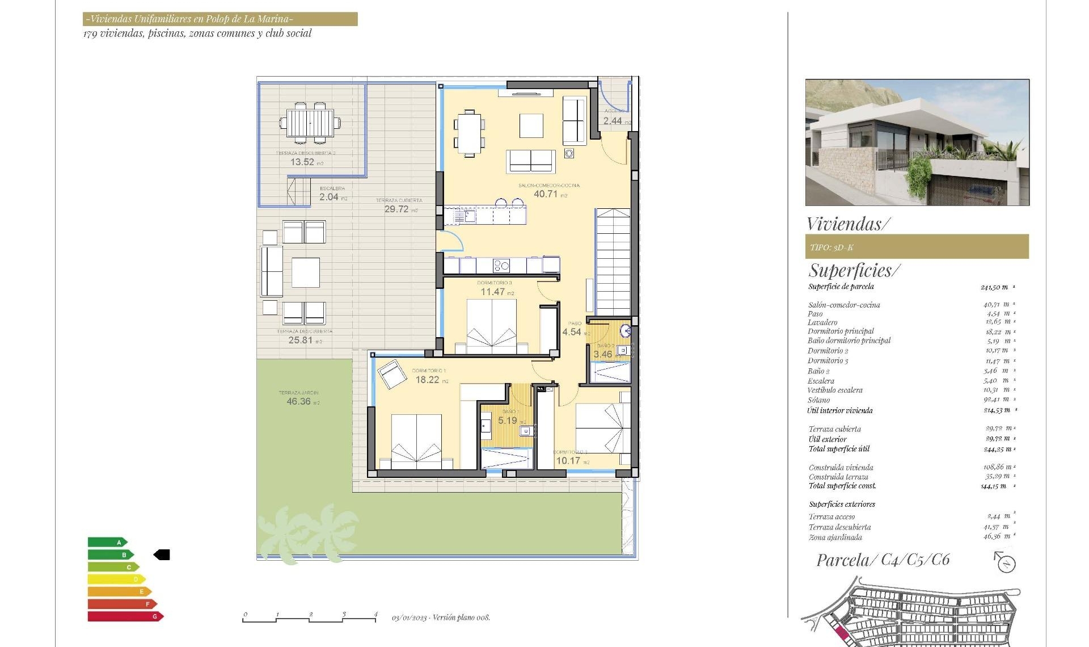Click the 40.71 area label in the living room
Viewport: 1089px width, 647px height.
tap(546, 194)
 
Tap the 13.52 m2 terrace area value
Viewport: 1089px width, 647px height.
tap(302, 162)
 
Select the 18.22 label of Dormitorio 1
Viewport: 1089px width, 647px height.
tap(428, 380)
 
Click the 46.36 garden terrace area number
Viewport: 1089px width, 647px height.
tap(299, 402)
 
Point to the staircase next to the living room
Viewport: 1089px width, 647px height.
tap(613, 261)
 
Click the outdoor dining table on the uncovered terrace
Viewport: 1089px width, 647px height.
tap(310, 122)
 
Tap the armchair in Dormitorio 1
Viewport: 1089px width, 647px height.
tap(391, 374)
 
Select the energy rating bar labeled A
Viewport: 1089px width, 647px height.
tap(107, 543)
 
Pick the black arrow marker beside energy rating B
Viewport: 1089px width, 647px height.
tap(162, 555)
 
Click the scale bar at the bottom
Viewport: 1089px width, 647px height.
tap(310, 619)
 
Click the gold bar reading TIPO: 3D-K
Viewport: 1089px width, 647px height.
tap(917, 247)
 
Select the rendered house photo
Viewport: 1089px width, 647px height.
tap(917, 142)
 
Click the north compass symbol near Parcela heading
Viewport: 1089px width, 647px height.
tap(1006, 563)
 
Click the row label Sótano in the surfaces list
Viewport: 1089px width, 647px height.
tap(818, 400)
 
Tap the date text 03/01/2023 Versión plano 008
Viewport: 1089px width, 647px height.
tap(441, 617)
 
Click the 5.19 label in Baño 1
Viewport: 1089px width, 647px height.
tap(508, 421)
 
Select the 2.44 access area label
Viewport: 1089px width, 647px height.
tap(613, 121)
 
